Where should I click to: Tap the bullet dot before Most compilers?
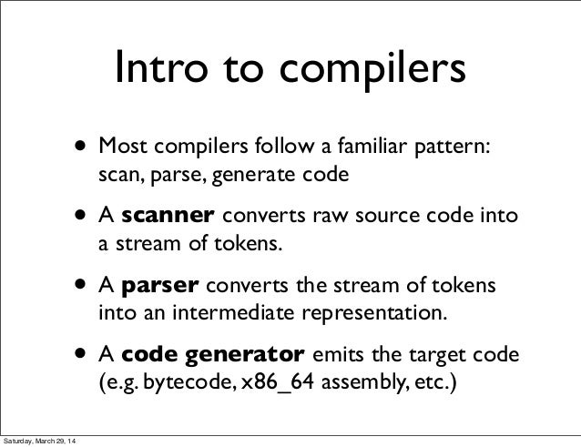[84, 147]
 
